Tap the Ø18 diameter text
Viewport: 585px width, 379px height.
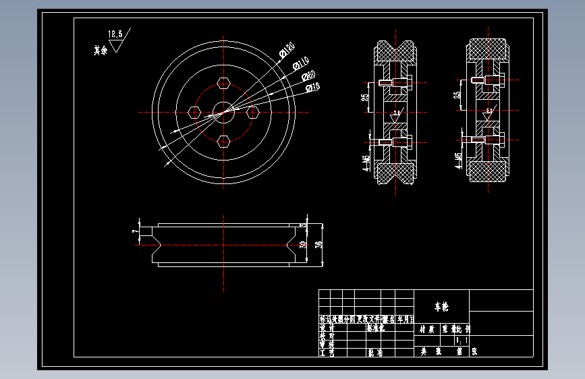click(312, 87)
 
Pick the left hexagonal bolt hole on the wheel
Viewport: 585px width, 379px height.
click(195, 112)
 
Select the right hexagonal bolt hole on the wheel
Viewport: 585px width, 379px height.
click(254, 112)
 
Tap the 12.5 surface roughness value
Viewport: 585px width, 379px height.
click(115, 34)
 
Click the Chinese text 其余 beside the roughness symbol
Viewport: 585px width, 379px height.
click(101, 49)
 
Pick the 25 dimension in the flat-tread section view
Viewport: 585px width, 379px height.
click(457, 94)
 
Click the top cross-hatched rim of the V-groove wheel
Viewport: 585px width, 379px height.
click(395, 51)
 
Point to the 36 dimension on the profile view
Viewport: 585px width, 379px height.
click(318, 243)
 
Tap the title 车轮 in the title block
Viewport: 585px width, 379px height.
click(441, 307)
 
